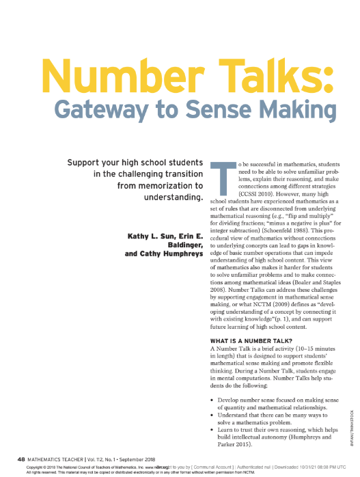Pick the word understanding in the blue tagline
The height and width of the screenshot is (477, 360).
(175, 197)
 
